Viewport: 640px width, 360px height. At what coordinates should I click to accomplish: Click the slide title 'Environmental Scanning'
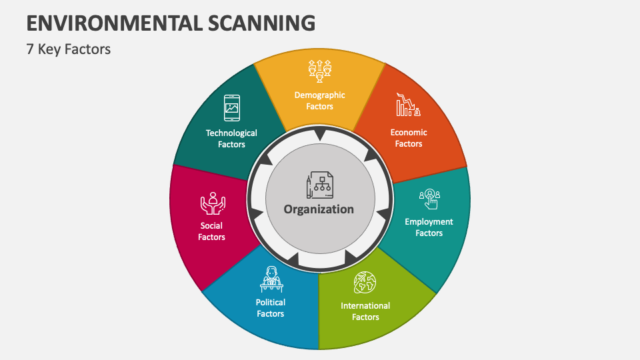(171, 23)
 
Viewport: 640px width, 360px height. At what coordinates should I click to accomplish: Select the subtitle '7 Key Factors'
(69, 49)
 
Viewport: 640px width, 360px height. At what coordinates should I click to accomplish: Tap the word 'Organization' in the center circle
(319, 209)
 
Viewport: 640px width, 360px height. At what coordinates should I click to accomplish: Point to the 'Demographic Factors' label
(320, 101)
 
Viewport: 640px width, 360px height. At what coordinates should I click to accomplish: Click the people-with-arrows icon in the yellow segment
(319, 71)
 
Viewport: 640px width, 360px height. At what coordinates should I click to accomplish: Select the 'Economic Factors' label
(409, 138)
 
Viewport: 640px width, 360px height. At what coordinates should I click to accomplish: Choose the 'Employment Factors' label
(429, 227)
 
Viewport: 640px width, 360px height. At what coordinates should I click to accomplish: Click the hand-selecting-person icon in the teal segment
(429, 199)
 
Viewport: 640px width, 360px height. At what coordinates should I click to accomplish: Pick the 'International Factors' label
(365, 311)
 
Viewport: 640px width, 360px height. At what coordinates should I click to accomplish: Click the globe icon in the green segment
(365, 283)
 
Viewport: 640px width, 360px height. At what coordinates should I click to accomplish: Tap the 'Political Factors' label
(271, 308)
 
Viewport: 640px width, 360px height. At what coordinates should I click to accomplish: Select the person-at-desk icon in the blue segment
(271, 279)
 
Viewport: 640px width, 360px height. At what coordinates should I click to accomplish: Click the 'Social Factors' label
(211, 231)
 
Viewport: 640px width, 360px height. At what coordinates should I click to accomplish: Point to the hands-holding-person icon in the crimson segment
(212, 203)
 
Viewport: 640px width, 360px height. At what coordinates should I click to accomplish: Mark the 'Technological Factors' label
(231, 139)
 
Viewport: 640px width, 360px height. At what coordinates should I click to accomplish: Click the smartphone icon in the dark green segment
(231, 107)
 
